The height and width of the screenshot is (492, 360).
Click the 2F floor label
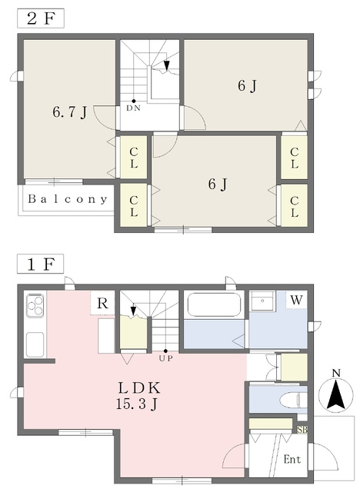point(41,18)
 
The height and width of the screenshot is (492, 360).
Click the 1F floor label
point(41,264)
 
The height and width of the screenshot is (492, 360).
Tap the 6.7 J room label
point(70,112)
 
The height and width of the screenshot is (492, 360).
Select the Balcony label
point(68,199)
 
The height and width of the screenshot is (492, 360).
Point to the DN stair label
point(133,108)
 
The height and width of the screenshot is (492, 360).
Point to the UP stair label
point(165,358)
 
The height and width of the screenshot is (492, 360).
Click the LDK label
point(139,388)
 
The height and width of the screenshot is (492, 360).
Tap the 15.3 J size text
point(136,404)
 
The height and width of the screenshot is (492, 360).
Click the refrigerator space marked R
point(102,303)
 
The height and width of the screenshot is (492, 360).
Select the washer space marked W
point(296,300)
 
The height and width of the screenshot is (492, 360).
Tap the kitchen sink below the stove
point(35,344)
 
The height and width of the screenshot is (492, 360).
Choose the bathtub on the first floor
point(214,304)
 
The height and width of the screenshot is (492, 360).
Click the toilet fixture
point(293,400)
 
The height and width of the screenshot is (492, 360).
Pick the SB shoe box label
point(302,430)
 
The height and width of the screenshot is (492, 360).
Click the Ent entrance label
point(292,460)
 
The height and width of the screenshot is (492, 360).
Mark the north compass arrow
point(334,394)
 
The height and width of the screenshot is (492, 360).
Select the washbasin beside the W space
point(263,301)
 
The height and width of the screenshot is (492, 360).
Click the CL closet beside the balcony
point(134,205)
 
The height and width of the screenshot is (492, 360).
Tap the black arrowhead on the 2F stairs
point(167,65)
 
